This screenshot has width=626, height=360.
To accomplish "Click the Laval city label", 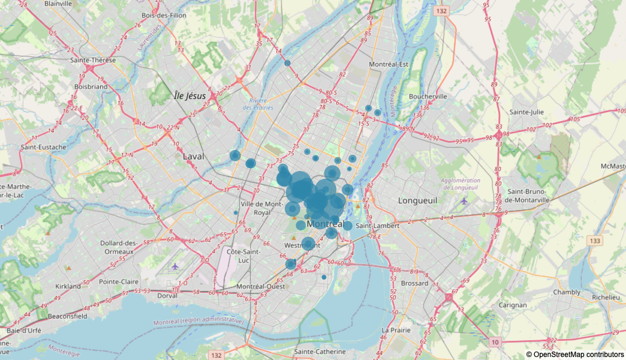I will [x=193, y=157].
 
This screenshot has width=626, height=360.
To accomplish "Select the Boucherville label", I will [x=428, y=97].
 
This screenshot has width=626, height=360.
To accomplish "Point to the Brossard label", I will [x=414, y=283].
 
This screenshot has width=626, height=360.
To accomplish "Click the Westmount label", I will [x=298, y=246].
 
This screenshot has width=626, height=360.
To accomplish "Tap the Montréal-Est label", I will [x=389, y=64].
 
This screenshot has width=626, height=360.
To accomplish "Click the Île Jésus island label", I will [x=189, y=96].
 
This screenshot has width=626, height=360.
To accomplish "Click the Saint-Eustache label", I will [x=43, y=146].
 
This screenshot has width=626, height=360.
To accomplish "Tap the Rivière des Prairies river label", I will [x=258, y=104].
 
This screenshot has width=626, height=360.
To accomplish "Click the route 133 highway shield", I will [x=594, y=241].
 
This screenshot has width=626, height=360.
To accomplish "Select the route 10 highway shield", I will [x=494, y=342].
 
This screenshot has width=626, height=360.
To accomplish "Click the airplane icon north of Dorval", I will [x=175, y=266].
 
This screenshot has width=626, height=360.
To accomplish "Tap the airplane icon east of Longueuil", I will [x=464, y=201].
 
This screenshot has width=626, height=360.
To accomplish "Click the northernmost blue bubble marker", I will [x=287, y=63].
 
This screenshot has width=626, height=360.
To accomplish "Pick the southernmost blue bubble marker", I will [x=324, y=277].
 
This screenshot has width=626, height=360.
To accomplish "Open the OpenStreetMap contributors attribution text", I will [x=574, y=355].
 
